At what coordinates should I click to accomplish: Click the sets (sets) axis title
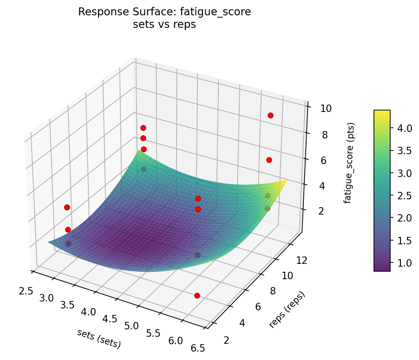point(99,339)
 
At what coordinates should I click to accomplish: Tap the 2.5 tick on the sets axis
point(26,291)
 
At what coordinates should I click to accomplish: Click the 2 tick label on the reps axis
point(226,340)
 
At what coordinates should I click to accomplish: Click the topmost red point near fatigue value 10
point(270,115)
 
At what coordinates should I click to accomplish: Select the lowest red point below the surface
point(197,295)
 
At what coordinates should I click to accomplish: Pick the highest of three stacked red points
point(143,128)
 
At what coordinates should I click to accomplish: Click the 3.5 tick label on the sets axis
point(68,305)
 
